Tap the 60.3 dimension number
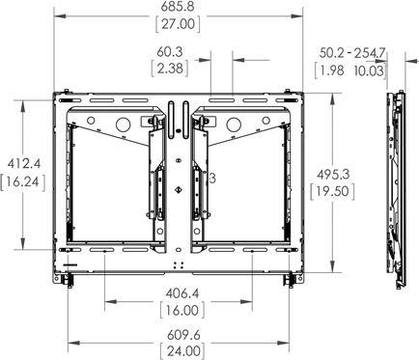(x=177, y=52)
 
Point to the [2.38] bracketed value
(x=177, y=69)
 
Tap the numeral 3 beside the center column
(x=211, y=179)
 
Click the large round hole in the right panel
(x=233, y=125)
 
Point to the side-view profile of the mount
(x=395, y=183)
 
